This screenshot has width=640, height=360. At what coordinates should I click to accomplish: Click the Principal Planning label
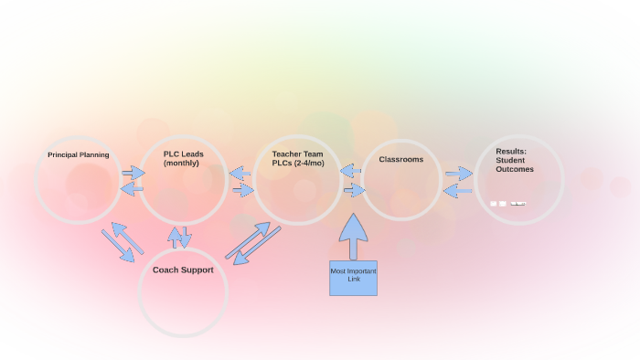pyautogui.click(x=79, y=155)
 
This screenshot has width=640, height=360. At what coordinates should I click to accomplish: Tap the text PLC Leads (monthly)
pyautogui.click(x=183, y=158)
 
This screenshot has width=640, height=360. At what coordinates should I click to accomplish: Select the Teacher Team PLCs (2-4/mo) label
pyautogui.click(x=298, y=158)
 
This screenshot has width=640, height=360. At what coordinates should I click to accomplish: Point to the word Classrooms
pyautogui.click(x=401, y=159)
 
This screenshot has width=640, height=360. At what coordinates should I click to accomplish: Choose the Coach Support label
pyautogui.click(x=183, y=270)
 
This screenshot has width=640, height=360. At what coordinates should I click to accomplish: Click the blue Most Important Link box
pyautogui.click(x=353, y=278)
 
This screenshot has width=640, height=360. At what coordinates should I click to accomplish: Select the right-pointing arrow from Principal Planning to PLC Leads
pyautogui.click(x=133, y=173)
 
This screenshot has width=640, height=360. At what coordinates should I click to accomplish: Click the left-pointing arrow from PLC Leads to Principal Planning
pyautogui.click(x=132, y=188)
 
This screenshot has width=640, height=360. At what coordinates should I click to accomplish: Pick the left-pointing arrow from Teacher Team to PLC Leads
pyautogui.click(x=240, y=173)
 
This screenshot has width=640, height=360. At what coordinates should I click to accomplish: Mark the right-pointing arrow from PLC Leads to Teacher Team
pyautogui.click(x=242, y=190)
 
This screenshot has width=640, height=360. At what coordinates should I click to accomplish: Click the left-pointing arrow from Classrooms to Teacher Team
pyautogui.click(x=351, y=171)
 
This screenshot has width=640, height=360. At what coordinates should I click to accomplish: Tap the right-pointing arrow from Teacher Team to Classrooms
pyautogui.click(x=354, y=190)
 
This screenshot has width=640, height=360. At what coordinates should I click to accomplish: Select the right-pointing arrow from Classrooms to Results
pyautogui.click(x=459, y=174)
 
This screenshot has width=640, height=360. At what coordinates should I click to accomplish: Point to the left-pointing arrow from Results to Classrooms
pyautogui.click(x=457, y=190)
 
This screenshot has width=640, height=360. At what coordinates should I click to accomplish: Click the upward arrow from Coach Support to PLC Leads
pyautogui.click(x=175, y=238)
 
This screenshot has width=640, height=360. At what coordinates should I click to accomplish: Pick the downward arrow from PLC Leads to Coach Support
pyautogui.click(x=186, y=237)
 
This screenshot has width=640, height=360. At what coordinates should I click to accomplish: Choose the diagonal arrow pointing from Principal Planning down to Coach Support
pyautogui.click(x=117, y=247)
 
